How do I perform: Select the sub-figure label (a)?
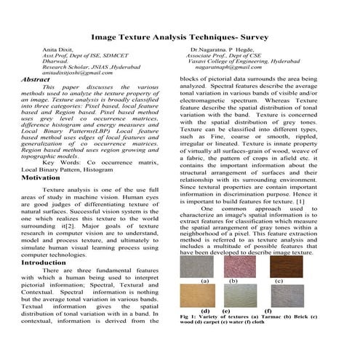pyautogui.click(x=205, y=280)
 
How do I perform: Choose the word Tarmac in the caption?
pyautogui.click(x=276, y=318)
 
